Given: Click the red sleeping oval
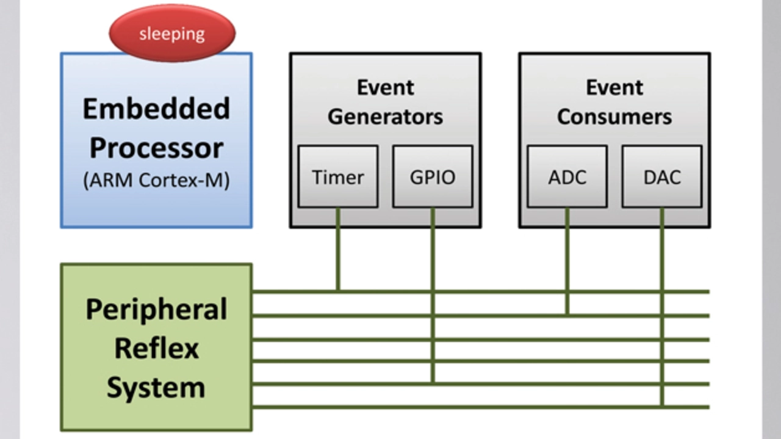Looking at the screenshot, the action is (172, 33).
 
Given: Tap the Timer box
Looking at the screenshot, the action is (338, 176).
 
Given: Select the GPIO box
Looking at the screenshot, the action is (433, 176).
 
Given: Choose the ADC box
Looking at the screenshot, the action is (567, 176).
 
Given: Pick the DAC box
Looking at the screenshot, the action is (662, 176).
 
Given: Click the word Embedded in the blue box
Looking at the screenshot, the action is (156, 109).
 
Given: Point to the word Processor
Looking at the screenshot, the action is (156, 148).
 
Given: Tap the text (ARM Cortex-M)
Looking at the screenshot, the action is (156, 180).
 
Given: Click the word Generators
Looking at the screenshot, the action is (385, 117).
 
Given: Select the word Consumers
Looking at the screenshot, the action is (614, 117).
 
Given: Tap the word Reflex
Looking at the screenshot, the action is (157, 348).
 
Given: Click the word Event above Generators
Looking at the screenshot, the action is (385, 87).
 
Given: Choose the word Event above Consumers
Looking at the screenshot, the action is (614, 87).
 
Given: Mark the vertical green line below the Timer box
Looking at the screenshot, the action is (338, 249).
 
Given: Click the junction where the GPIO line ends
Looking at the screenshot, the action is (433, 384).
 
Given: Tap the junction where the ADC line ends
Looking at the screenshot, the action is (567, 316).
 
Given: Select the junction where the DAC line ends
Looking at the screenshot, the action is (662, 407).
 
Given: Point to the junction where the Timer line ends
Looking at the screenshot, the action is (338, 291).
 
